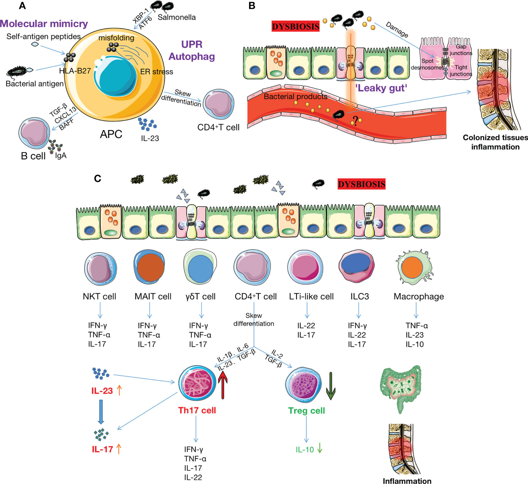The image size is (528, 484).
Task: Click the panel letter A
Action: (22, 6)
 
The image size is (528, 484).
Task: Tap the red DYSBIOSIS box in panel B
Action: (295, 26)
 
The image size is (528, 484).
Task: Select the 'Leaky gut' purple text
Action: (381, 88)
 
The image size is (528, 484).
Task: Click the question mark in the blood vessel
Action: (355, 121)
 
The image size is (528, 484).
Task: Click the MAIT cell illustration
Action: (149, 267)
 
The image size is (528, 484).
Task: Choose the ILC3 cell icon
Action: (356, 266)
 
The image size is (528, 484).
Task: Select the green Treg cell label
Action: (306, 411)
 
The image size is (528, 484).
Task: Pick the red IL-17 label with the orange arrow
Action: (107, 449)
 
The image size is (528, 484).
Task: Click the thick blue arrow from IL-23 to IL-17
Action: (101, 411)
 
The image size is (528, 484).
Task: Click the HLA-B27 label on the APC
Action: (75, 71)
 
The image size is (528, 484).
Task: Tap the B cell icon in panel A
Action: (34, 133)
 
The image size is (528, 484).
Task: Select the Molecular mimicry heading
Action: (44, 24)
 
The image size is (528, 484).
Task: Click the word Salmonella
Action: (176, 17)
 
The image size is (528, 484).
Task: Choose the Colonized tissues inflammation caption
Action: (495, 142)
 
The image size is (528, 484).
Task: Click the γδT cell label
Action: (200, 297)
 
